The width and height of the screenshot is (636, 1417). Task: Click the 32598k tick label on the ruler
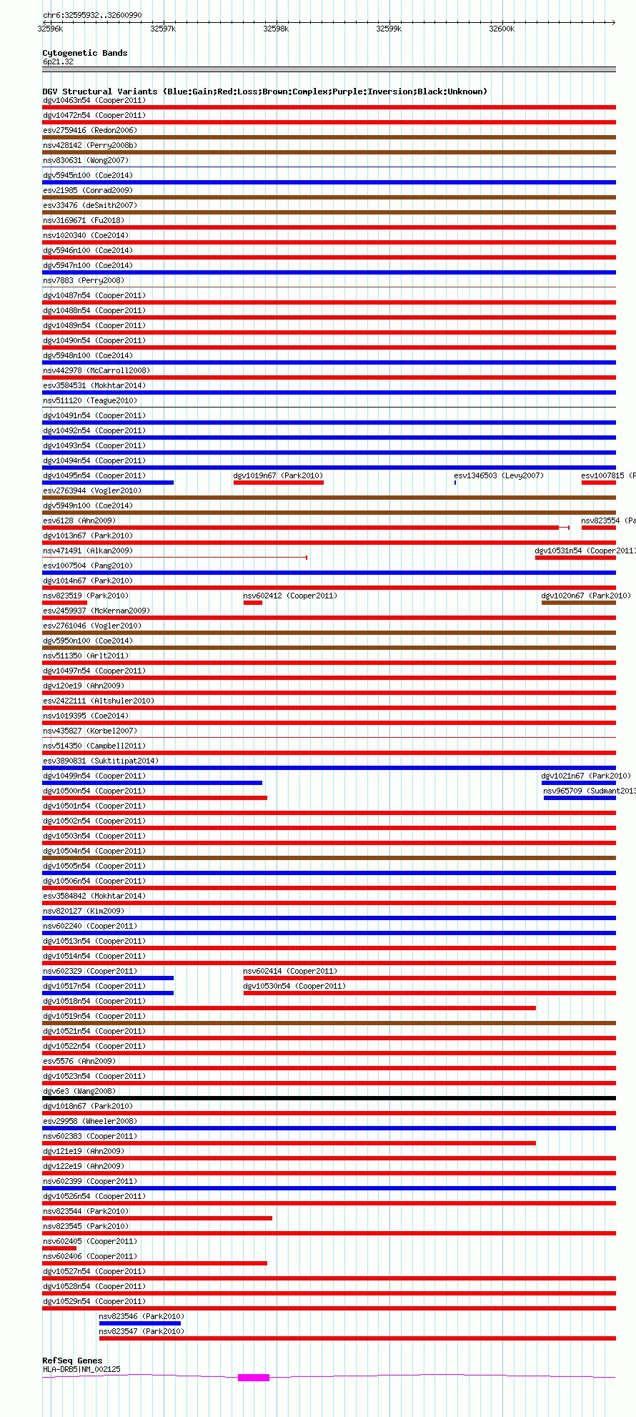point(276,29)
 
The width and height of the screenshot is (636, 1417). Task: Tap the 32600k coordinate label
point(502,29)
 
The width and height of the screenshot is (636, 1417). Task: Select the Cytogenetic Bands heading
point(84,53)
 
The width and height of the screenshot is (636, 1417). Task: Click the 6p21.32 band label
point(58,61)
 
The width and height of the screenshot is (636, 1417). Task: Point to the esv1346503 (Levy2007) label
point(499,475)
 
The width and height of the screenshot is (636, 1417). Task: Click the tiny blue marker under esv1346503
point(455,483)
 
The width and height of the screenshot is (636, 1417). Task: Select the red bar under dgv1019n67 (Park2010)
point(278,483)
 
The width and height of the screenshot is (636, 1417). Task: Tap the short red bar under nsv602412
point(252,603)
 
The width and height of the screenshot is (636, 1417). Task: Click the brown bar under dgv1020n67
point(578,603)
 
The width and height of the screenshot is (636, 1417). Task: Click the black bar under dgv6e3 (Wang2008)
point(329,1098)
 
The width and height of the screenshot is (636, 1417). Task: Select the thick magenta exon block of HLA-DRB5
point(254,1377)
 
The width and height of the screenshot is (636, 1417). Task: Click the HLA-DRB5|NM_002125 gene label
point(81,1369)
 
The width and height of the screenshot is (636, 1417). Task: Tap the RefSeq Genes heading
point(72,1361)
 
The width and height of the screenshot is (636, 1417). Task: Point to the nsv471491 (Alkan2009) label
point(88,550)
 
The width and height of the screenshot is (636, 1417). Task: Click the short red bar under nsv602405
point(59,1248)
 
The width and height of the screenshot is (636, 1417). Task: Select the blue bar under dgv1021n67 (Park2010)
point(578,783)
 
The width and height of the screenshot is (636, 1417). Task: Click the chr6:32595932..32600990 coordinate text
point(92,15)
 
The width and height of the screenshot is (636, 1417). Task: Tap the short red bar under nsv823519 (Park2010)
point(64,603)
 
